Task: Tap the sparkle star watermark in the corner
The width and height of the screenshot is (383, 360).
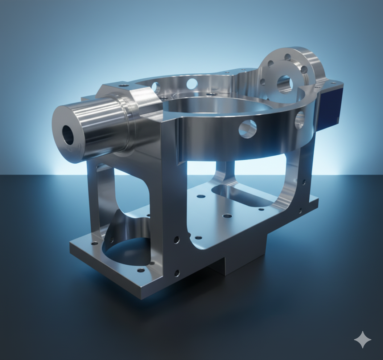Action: coord(362,340)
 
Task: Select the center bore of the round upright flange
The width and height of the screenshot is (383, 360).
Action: coord(285,84)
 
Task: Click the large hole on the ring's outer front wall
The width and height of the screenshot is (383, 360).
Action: coord(248,129)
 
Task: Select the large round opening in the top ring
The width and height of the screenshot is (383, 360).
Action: coord(218,105)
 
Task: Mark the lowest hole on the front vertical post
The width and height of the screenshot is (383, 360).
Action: coord(177,273)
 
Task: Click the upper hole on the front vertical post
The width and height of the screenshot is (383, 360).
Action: coord(176,240)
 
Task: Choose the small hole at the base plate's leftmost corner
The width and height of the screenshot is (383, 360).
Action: coord(95,243)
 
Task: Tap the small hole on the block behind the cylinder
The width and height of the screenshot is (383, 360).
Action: coord(124,85)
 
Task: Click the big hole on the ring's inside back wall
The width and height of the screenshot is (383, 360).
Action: coord(192,83)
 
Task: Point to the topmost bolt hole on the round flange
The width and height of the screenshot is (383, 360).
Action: coord(288,57)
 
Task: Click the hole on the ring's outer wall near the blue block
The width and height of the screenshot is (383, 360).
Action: coord(300,120)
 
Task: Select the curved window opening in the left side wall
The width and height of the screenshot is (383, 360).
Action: coord(131,192)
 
